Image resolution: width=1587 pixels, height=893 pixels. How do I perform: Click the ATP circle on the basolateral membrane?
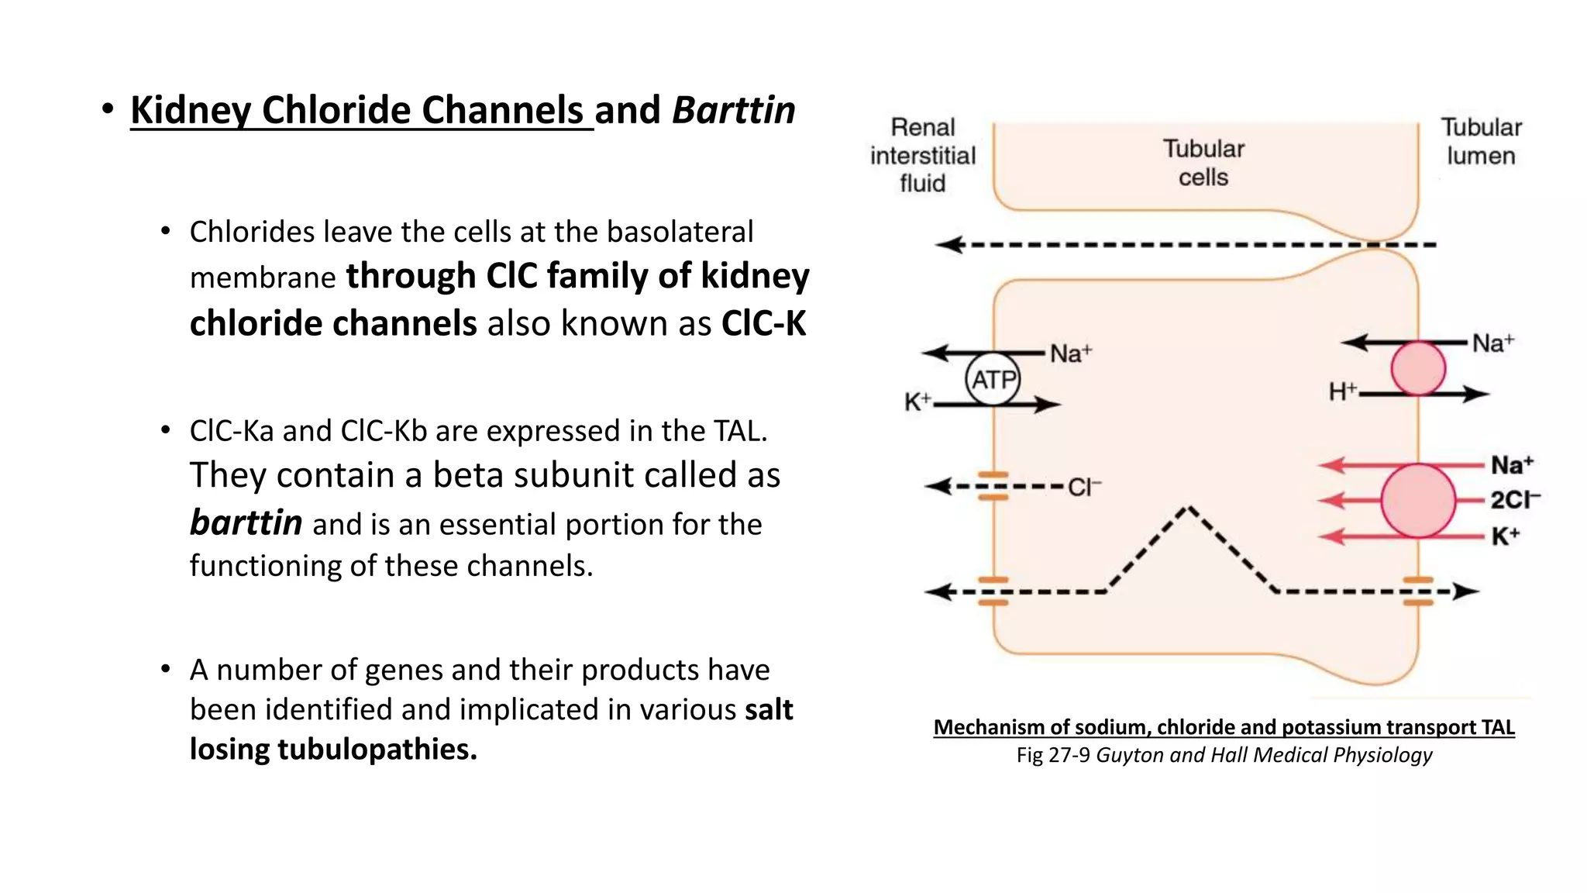pos(993,379)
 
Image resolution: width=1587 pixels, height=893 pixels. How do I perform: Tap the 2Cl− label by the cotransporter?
pos(1514,500)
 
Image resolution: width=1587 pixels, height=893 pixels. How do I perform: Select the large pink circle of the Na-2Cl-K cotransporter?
pos(1418,501)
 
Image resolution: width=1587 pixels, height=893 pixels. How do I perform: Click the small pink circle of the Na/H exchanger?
pos(1417,368)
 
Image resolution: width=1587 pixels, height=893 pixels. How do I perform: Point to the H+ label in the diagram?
pos(1342,392)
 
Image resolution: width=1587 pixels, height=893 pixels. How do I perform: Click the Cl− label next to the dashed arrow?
pos(1083,488)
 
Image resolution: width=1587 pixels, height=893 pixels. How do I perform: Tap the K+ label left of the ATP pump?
pos(917,402)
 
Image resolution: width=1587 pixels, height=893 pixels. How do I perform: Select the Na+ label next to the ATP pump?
pos(1070,354)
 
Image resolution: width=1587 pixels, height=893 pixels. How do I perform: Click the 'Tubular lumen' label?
pos(1481,141)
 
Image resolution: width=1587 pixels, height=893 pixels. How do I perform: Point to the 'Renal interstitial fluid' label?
pos(922,155)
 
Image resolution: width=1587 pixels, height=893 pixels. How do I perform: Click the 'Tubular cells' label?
pos(1203,163)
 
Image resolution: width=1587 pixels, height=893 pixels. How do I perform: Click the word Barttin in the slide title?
pos(733,110)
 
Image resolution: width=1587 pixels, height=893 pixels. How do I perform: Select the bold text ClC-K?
pos(763,323)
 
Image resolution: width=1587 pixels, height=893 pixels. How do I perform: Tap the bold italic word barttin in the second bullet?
pos(246,522)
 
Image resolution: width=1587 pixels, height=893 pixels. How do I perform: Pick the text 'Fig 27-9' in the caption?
pos(1052,755)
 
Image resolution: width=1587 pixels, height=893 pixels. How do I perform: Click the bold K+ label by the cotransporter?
pos(1505,536)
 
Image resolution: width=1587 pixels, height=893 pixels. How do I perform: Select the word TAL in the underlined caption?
pos(1497,727)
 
